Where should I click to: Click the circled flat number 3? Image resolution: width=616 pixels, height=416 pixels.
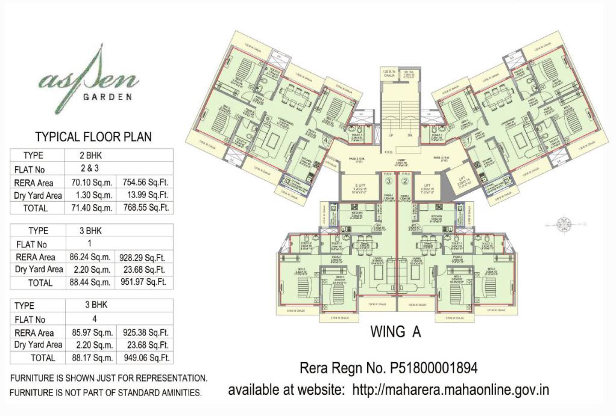pos(389,180)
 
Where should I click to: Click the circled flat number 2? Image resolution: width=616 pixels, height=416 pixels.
pos(405,180)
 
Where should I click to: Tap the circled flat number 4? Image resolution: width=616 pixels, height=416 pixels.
pos(325,143)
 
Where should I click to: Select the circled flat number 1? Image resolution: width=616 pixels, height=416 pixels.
pos(468,143)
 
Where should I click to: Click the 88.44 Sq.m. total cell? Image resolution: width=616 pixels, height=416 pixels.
pos(89,282)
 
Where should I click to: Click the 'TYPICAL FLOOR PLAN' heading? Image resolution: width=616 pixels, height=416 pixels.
pos(93,137)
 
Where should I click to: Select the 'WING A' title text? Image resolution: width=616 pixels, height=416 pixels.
pos(395,332)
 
